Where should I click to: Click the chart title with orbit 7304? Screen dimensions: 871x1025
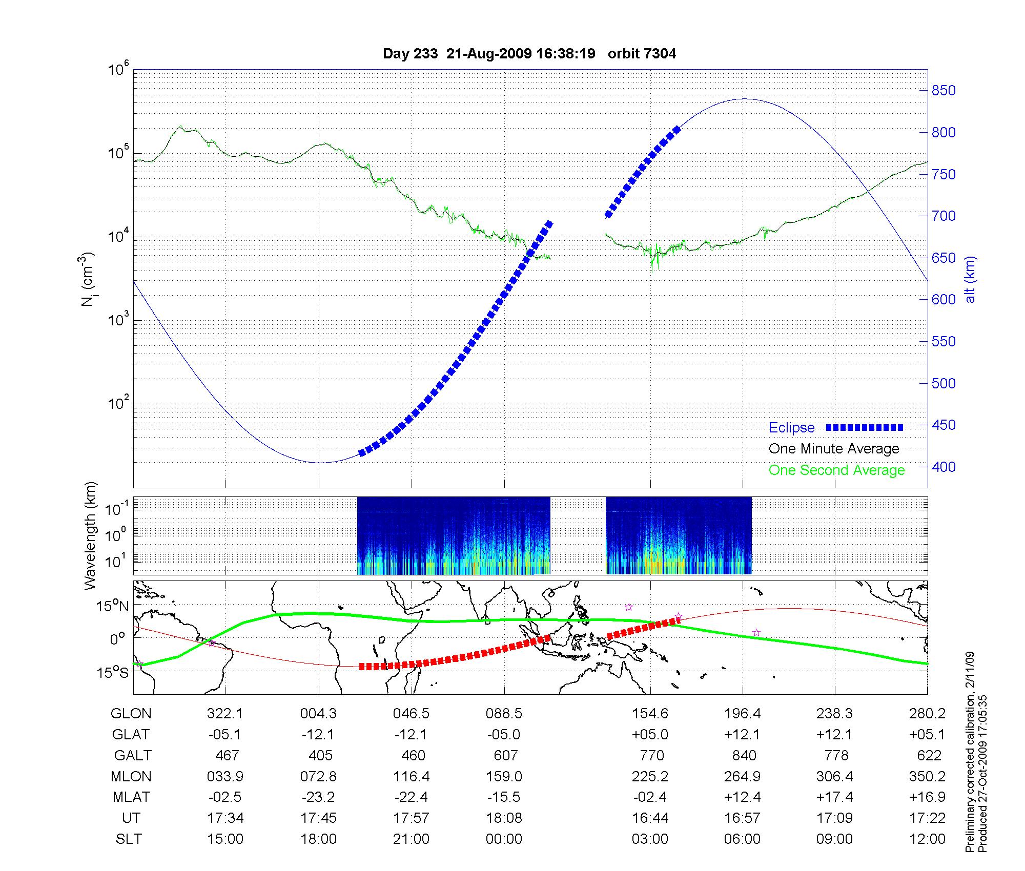529,54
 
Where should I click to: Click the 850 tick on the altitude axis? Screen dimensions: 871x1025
944,91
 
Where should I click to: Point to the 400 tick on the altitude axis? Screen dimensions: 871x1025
944,467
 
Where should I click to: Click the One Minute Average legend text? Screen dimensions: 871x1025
834,449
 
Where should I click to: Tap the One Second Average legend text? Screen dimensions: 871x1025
836,470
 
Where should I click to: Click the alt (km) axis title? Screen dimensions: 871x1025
970,280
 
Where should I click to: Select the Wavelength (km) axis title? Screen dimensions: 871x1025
91,535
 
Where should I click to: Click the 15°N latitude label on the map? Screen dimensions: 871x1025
112,606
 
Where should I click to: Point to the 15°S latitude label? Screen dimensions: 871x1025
112,672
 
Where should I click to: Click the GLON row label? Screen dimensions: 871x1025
131,713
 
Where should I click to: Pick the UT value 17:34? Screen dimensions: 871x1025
225,818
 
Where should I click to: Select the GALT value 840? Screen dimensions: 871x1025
744,755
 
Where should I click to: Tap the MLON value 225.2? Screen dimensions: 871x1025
650,776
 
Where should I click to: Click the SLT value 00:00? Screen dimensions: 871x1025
504,839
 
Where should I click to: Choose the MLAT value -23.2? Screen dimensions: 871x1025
318,797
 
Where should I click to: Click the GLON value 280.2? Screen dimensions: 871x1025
929,713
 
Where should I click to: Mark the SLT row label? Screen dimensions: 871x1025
129,839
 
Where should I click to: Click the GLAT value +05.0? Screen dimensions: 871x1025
650,734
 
